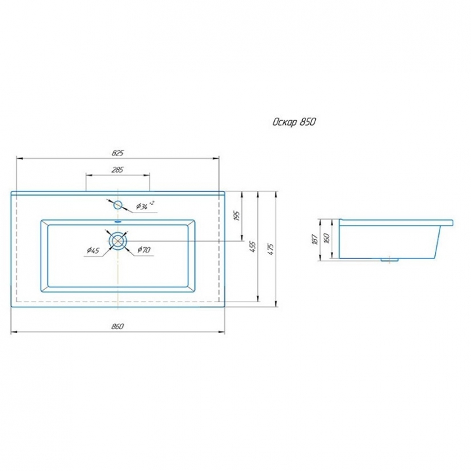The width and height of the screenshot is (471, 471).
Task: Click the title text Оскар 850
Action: (x=294, y=122)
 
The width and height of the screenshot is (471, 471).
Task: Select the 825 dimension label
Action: (x=118, y=153)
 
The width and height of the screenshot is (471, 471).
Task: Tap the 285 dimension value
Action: (x=118, y=169)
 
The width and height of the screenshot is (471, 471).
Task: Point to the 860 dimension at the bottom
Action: (x=117, y=326)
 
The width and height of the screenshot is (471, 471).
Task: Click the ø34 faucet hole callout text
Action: (x=145, y=205)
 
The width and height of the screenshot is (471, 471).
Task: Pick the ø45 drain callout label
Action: (x=93, y=250)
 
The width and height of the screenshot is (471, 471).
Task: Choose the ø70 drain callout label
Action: (x=143, y=250)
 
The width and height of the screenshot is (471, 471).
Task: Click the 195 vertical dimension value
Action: (x=237, y=216)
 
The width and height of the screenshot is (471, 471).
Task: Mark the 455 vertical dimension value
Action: (x=253, y=247)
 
